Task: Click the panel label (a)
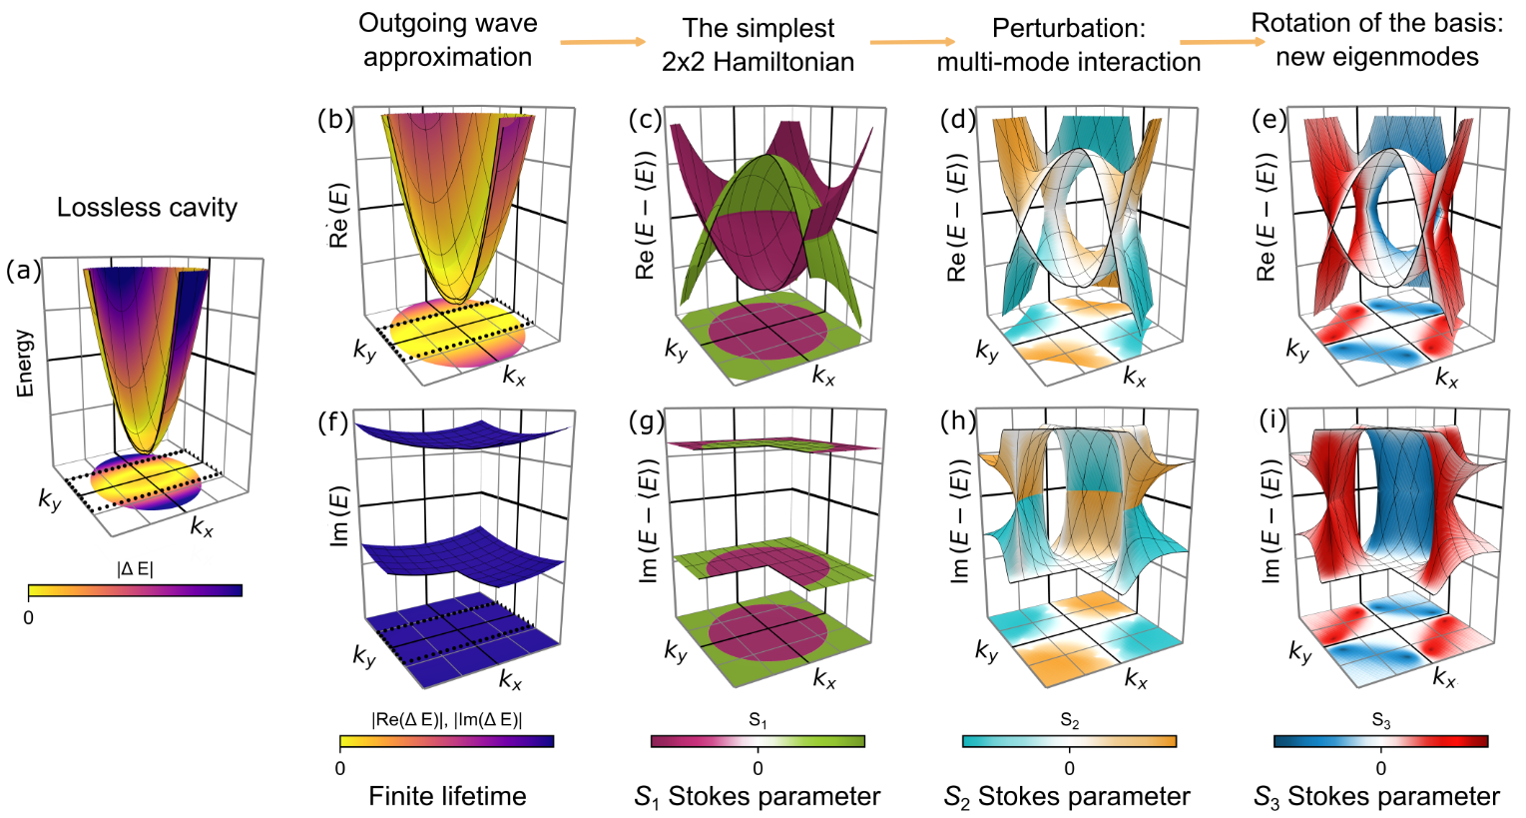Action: tap(24, 270)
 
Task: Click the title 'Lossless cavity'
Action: tap(147, 208)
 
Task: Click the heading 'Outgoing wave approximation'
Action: tap(447, 40)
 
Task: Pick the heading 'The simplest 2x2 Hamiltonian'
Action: tap(758, 45)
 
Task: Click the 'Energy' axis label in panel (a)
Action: tap(25, 364)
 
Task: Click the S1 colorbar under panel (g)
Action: tap(758, 741)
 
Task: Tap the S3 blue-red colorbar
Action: tap(1380, 741)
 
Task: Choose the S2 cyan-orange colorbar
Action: tap(1069, 741)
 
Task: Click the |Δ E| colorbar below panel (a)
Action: tap(135, 590)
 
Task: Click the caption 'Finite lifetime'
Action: tap(447, 796)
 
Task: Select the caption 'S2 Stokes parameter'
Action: tap(1067, 797)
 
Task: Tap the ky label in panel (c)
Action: tap(677, 350)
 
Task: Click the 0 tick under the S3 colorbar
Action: tap(1380, 769)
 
